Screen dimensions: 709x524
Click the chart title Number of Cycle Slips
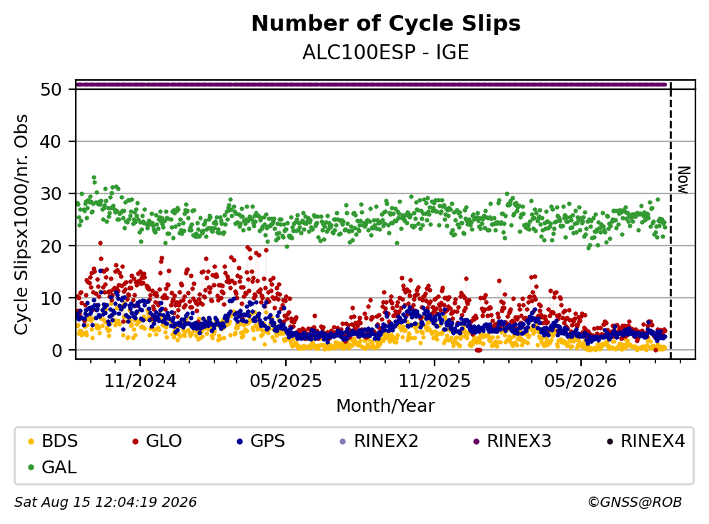[386, 24]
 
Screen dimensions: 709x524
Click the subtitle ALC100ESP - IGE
[386, 52]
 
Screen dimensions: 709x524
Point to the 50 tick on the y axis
[51, 89]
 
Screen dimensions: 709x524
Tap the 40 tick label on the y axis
[51, 141]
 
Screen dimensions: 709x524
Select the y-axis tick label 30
[51, 193]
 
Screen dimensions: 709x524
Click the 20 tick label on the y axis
[51, 246]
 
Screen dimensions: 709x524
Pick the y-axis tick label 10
[51, 298]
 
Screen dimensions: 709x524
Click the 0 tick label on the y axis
[56, 350]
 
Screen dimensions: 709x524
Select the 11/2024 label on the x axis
[140, 381]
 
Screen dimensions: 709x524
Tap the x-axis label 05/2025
[286, 381]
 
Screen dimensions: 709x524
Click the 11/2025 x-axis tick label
[434, 381]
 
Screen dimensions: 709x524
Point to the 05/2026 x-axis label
[580, 381]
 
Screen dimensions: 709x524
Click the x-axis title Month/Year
[386, 405]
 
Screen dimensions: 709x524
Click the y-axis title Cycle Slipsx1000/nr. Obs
[21, 224]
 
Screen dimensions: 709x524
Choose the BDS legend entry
[52, 441]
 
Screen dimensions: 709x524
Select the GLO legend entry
[157, 441]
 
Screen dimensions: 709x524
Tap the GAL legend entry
[52, 467]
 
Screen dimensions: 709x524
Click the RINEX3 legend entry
[512, 441]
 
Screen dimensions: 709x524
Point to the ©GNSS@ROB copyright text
[635, 502]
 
